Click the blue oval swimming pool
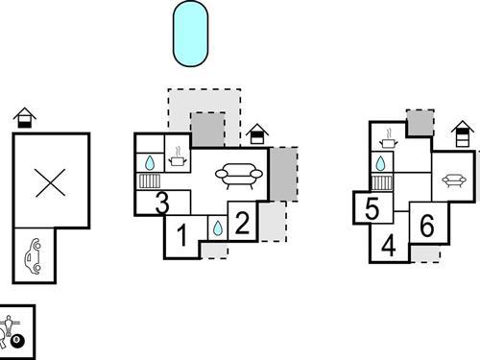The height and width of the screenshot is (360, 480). (190, 33)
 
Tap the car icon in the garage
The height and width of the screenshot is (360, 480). (34, 256)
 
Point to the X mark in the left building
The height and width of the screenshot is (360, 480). (49, 181)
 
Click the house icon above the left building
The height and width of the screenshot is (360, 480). (25, 119)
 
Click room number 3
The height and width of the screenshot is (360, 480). (161, 203)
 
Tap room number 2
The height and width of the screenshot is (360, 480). (243, 225)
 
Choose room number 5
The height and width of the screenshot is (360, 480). (372, 208)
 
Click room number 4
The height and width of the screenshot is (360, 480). (389, 245)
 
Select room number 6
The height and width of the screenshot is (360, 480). (427, 225)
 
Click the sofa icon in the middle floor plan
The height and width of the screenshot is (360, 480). (236, 176)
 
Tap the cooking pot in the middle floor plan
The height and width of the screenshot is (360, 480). (180, 156)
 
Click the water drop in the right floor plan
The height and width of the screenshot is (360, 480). (381, 161)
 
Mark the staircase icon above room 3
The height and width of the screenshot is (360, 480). (149, 180)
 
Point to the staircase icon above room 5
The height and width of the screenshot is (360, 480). (381, 181)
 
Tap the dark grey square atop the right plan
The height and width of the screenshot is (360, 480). (419, 122)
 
